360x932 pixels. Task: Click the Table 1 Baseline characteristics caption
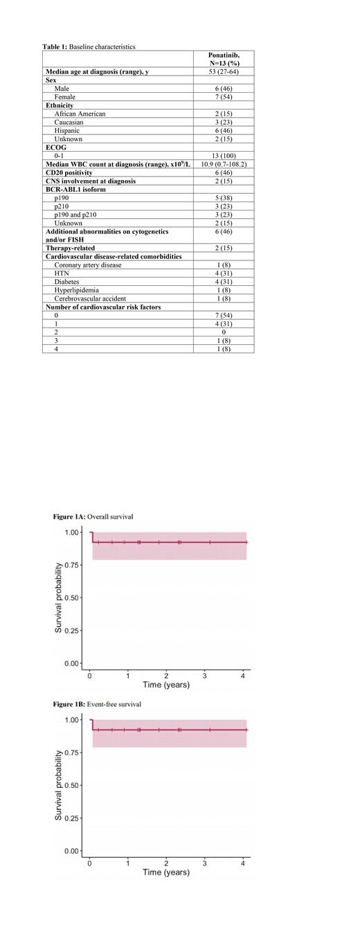(x=90, y=46)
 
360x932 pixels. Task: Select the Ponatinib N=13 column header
(x=224, y=58)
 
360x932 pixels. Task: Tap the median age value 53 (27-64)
(x=224, y=71)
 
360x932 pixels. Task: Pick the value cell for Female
(x=224, y=97)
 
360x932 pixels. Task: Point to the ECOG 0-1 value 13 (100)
(x=224, y=156)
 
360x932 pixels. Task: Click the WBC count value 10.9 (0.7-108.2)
(x=224, y=164)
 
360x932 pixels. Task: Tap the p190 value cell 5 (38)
(x=224, y=198)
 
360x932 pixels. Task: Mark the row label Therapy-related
(x=71, y=248)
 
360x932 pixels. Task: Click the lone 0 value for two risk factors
(x=224, y=332)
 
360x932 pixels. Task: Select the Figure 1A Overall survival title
(x=93, y=517)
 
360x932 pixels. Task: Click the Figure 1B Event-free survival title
(x=97, y=704)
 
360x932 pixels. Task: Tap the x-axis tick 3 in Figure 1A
(x=205, y=675)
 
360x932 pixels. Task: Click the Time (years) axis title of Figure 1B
(x=166, y=872)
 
